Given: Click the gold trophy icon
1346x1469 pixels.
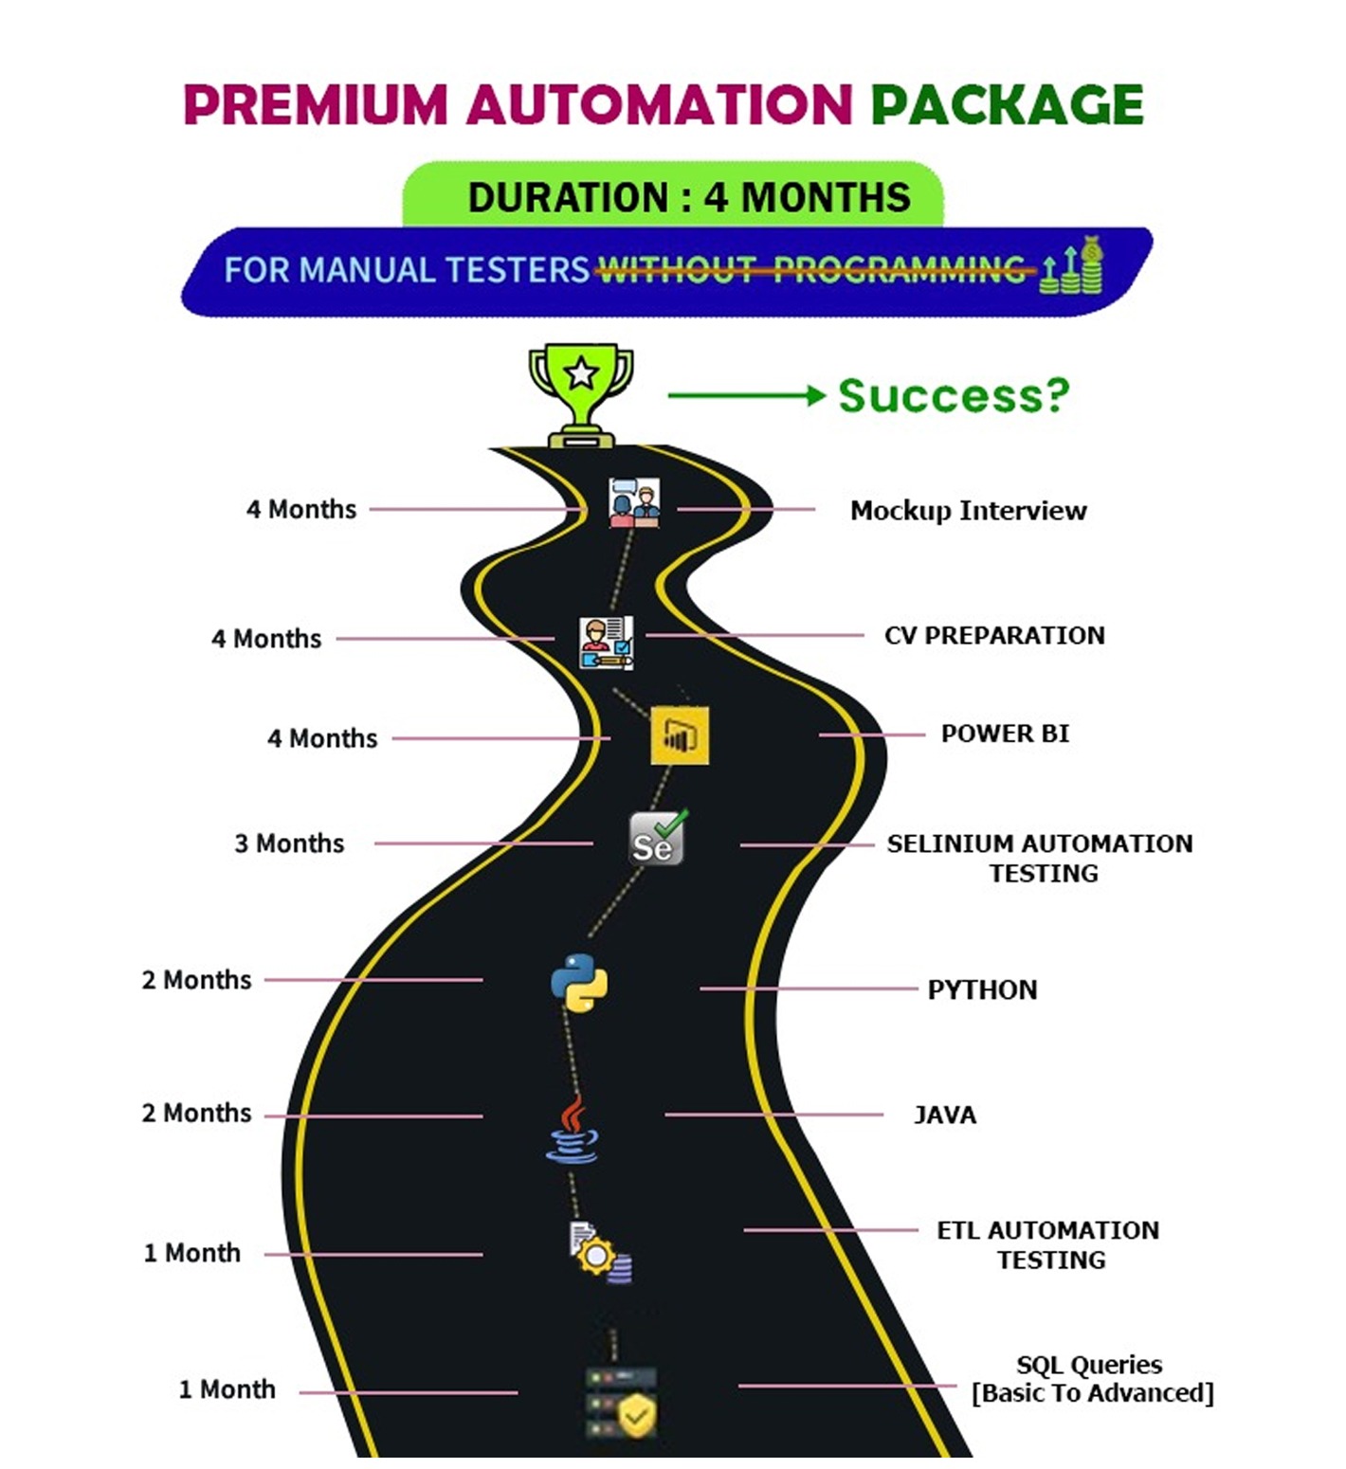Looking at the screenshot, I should [x=580, y=393].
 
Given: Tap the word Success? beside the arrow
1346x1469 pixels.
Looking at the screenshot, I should [x=954, y=396].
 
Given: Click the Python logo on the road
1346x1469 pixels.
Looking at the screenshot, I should [x=579, y=983].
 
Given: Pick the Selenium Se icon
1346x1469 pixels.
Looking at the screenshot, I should [x=657, y=839].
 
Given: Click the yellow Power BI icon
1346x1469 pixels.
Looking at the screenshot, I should [x=680, y=734].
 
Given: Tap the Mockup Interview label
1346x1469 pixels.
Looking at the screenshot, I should [x=968, y=511].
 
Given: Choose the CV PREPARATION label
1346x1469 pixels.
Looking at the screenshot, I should [x=994, y=635].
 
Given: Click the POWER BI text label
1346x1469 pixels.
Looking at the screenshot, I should [x=1005, y=734].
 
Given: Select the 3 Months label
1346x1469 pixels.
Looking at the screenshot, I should [x=289, y=843].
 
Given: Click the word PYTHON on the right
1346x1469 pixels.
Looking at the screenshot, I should [x=982, y=989].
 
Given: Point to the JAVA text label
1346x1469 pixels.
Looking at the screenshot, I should [x=944, y=1115].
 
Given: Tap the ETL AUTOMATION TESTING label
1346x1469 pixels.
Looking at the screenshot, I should [x=1048, y=1244].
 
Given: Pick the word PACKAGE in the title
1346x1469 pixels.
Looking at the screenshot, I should [x=1007, y=104].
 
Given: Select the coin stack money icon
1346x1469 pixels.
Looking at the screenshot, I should [x=1073, y=266].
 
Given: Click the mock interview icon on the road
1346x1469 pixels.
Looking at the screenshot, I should [x=634, y=501].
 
